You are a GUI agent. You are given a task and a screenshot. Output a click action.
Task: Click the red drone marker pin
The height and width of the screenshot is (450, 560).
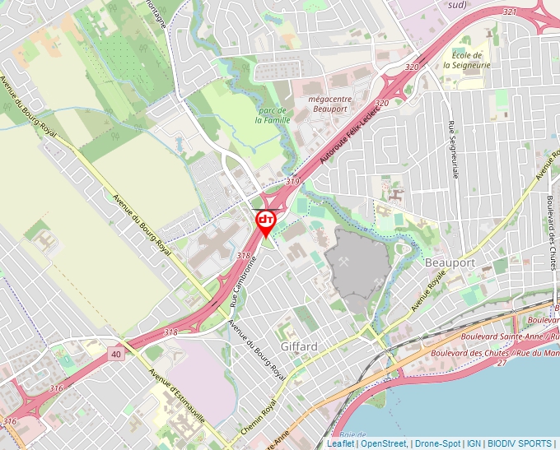(x=265, y=221)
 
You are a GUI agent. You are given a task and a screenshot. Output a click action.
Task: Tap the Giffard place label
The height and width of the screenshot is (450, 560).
(x=298, y=346)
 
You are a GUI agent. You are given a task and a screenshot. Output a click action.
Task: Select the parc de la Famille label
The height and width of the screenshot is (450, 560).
(x=270, y=114)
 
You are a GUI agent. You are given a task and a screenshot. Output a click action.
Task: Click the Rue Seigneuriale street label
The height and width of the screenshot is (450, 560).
(x=453, y=150)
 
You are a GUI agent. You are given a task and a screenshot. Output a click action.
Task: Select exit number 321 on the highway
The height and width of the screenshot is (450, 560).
(x=509, y=12)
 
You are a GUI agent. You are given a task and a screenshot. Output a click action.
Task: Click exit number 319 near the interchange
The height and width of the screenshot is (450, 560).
(x=293, y=181)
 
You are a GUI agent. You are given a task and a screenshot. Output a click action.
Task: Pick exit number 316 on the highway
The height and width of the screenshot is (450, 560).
(x=56, y=387)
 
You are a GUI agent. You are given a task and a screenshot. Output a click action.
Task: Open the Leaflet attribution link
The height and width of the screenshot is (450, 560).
(x=341, y=443)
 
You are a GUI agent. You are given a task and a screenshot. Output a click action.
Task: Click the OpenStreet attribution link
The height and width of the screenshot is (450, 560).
(x=384, y=443)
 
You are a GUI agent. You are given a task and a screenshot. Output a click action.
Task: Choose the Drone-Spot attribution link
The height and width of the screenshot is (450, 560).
(x=438, y=443)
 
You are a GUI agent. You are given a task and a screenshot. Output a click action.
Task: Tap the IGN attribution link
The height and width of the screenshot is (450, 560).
(x=474, y=443)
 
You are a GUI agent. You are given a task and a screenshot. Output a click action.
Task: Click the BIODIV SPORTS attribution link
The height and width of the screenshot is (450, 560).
(x=520, y=443)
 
